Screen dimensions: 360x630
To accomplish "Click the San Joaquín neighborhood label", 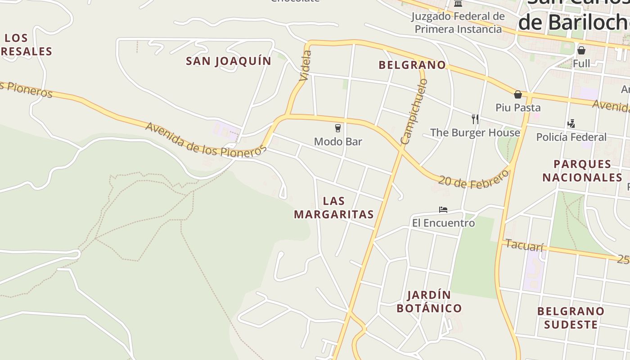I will click(x=229, y=61).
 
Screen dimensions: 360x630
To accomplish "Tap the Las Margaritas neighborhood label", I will click(x=334, y=207).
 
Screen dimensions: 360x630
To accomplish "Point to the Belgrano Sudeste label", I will click(x=571, y=318).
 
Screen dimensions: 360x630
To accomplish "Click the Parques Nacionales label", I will click(x=582, y=171).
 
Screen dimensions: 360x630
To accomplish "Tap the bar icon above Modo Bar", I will click(x=338, y=128).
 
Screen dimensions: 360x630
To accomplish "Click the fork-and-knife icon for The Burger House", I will click(x=475, y=119).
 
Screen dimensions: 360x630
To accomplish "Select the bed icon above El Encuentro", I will click(x=443, y=210).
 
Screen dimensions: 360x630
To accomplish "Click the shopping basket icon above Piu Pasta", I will click(x=518, y=94).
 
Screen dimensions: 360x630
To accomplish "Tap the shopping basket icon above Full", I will click(x=581, y=50).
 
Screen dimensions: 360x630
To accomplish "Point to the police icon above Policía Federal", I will click(x=571, y=123).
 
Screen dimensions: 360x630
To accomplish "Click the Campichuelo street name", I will click(x=414, y=111).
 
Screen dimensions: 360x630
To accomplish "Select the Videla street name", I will click(x=305, y=66).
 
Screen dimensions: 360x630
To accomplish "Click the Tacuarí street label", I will click(x=525, y=245).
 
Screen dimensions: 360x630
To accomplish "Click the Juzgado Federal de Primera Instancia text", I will click(x=458, y=23).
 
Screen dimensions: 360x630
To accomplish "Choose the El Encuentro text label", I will click(x=443, y=223).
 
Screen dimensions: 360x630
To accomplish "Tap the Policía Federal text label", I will click(x=571, y=137).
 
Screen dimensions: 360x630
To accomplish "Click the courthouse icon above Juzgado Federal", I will click(x=458, y=4).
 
